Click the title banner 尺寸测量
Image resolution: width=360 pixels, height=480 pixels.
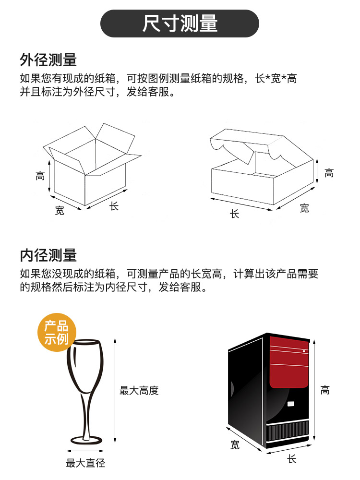tap(180, 24)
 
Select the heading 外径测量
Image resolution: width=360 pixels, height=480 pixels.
tap(48, 60)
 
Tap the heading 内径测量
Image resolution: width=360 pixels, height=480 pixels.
tap(48, 255)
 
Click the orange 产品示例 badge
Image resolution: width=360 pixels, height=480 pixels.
tap(57, 332)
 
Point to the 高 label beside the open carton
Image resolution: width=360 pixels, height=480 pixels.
tap(40, 176)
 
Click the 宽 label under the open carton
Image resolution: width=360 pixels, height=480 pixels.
tap(60, 210)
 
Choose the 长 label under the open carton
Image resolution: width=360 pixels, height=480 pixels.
tap(114, 206)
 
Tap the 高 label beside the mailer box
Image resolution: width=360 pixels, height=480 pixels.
tap(329, 173)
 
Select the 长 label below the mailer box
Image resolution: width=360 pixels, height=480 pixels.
tap(235, 214)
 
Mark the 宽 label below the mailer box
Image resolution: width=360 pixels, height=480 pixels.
tap(304, 208)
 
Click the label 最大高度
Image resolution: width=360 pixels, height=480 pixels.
tap(139, 391)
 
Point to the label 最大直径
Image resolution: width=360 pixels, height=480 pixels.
tap(86, 463)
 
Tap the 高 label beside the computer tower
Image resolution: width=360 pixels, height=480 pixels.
tap(325, 390)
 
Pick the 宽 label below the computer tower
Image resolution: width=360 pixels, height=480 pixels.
tap(235, 444)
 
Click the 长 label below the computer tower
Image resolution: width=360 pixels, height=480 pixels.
tap(291, 459)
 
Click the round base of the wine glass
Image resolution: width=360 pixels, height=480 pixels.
tap(86, 441)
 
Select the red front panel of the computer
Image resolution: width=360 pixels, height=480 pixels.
tap(288, 362)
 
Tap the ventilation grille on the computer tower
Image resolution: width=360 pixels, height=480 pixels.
tap(288, 431)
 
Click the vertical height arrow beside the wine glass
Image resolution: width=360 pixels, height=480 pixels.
tap(115, 391)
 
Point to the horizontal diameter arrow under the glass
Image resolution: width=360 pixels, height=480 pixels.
tap(85, 451)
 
